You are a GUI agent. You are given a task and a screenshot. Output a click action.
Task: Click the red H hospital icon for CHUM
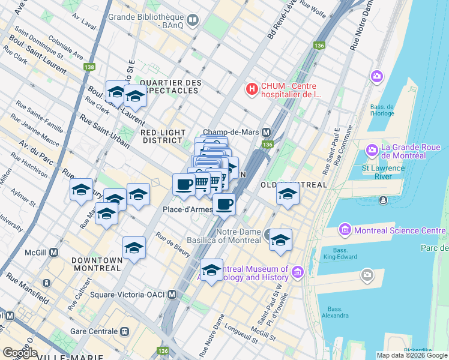point(252,89)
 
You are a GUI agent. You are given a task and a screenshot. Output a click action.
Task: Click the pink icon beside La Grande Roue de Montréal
point(372,148)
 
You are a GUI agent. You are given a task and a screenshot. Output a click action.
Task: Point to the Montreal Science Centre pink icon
point(345,229)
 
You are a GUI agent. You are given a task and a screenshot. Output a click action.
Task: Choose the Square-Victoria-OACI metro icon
point(172,295)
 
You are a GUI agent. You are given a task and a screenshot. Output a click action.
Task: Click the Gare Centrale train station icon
point(125,331)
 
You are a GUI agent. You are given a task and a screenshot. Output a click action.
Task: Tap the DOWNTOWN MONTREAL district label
point(97,264)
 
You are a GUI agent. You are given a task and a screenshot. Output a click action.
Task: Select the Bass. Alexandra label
point(335,312)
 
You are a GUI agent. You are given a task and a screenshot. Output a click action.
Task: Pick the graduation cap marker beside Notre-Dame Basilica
point(280,239)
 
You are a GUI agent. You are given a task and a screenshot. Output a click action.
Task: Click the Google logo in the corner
point(20,353)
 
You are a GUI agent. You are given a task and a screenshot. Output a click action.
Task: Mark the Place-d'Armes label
point(186,209)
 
